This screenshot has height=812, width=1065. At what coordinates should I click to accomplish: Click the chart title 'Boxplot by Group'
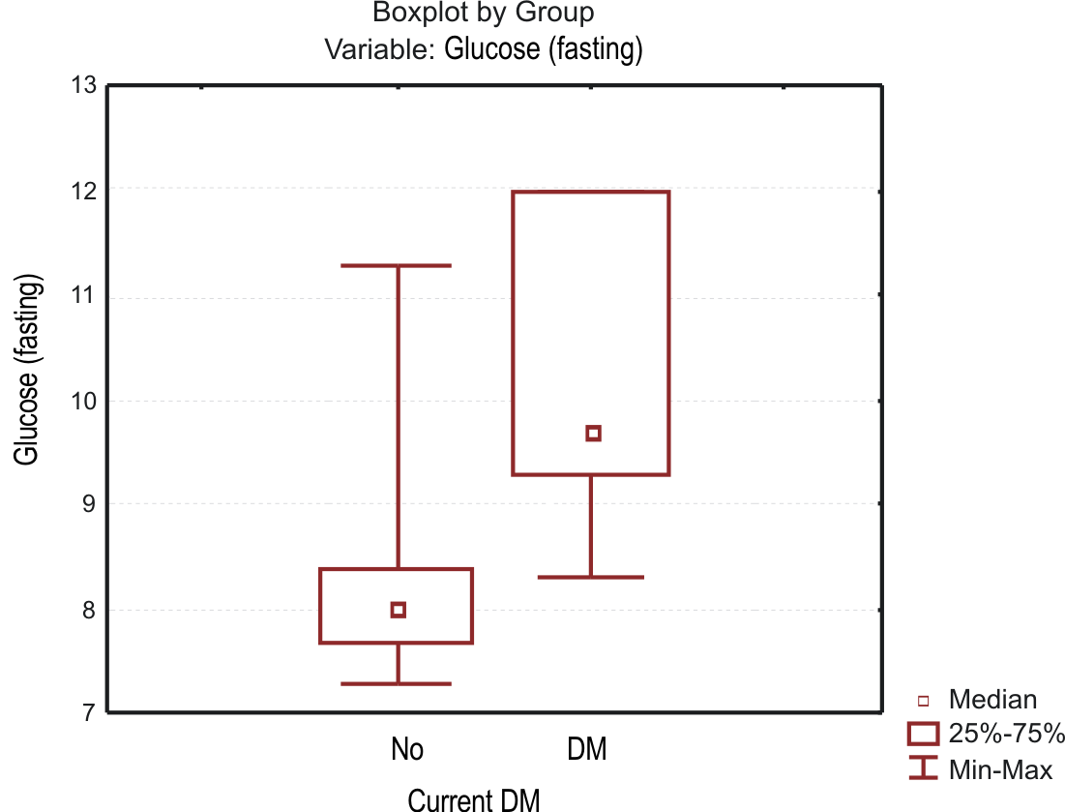(x=483, y=13)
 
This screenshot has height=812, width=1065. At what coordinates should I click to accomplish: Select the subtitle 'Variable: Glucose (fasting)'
(x=484, y=48)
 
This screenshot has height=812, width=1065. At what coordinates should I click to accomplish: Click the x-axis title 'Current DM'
(x=473, y=799)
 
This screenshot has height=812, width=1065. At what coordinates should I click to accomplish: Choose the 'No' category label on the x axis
(x=407, y=749)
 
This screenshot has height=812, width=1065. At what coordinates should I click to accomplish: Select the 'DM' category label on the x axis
(x=586, y=749)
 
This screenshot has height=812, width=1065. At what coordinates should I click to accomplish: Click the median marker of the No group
(x=398, y=610)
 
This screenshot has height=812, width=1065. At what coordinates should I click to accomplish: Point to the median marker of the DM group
(x=593, y=433)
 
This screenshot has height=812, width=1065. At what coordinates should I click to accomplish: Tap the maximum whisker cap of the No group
(x=398, y=265)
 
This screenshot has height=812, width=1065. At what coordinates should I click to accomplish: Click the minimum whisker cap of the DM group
(x=591, y=577)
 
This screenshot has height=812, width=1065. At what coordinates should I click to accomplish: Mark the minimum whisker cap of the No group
(x=398, y=684)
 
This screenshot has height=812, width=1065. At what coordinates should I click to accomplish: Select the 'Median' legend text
(x=992, y=700)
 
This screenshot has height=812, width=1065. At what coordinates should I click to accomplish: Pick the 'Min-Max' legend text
(x=1000, y=770)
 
